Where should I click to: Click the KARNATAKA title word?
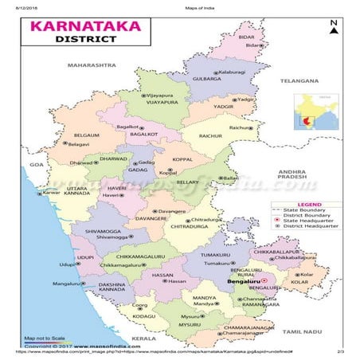coord(84,26)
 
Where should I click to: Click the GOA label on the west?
coord(35,164)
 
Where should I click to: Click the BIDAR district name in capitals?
coord(247,37)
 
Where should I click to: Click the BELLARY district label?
coord(187,182)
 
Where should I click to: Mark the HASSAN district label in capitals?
coord(162,274)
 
